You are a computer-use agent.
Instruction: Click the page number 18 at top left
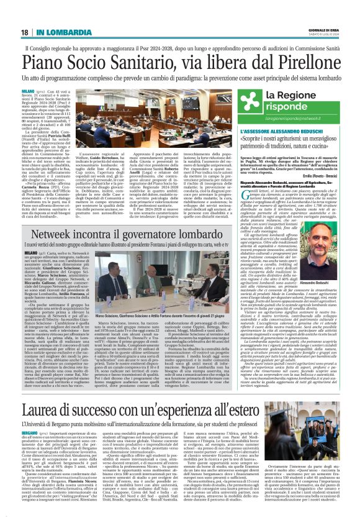pyautogui.click(x=25, y=32)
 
